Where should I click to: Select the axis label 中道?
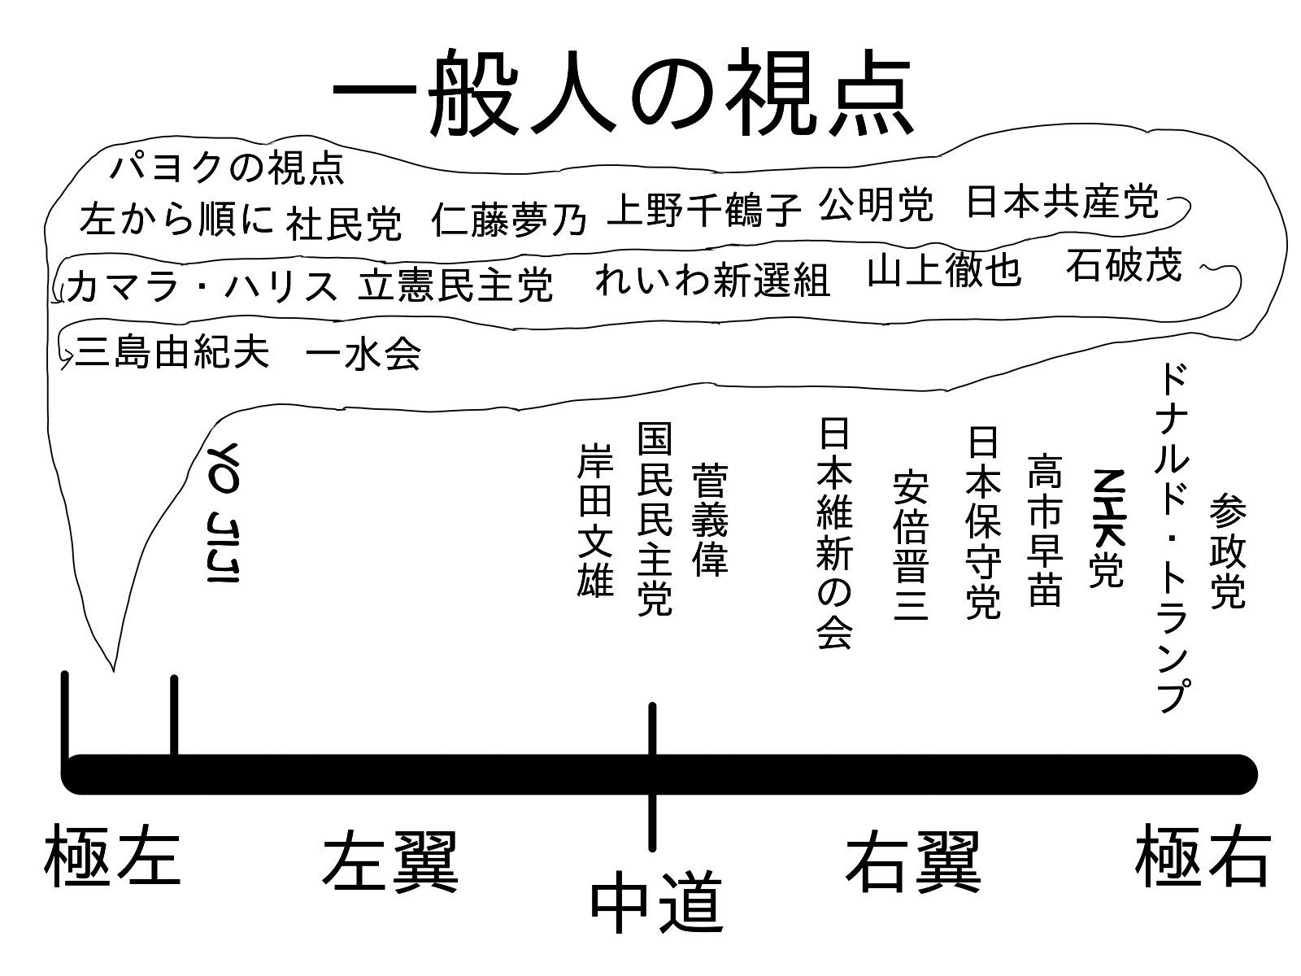(655, 903)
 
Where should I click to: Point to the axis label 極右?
(1202, 856)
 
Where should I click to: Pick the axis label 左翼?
(390, 861)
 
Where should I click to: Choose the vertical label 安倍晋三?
(911, 545)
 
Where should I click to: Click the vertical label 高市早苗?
(1045, 529)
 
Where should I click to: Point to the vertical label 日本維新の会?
(835, 534)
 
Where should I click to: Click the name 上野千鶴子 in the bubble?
(704, 209)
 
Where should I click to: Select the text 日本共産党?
(1061, 201)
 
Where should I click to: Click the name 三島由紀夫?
(172, 354)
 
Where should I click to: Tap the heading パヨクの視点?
(227, 168)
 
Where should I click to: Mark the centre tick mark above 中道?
(652, 732)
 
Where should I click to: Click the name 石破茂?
(1123, 264)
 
